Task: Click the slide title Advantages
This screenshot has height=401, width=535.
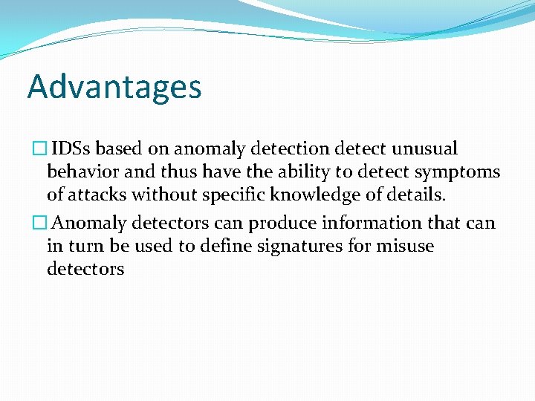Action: tap(114, 87)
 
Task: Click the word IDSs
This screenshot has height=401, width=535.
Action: tap(74, 149)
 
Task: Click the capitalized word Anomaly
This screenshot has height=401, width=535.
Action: tap(91, 224)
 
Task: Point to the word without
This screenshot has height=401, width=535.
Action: tap(172, 195)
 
